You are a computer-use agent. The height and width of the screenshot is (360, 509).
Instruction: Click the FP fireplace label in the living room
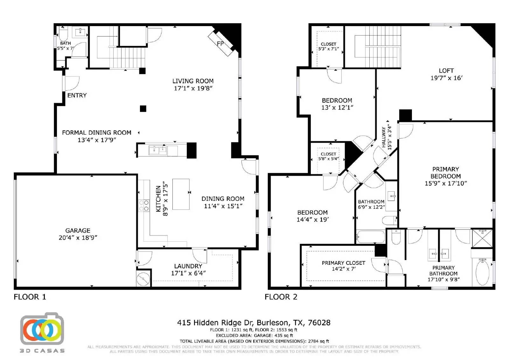[x=220, y=44]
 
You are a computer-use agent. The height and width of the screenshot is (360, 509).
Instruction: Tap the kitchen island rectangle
[x=181, y=194]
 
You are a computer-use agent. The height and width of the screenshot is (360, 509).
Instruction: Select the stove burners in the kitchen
[x=144, y=205]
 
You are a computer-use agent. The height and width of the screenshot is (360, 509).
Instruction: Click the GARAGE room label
[x=78, y=230]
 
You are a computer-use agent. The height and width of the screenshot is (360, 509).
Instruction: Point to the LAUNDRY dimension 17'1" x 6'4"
[x=188, y=273]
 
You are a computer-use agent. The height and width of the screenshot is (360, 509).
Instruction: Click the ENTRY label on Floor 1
[x=77, y=95]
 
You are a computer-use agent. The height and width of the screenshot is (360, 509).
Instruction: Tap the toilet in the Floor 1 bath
[x=63, y=33]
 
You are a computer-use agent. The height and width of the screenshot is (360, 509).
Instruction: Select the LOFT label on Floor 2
[x=446, y=71]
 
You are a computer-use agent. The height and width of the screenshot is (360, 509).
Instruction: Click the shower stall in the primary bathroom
[x=482, y=238]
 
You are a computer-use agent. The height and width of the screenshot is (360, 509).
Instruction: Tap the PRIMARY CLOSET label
[x=343, y=263]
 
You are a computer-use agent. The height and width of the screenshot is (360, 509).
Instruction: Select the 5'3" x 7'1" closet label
[x=328, y=49]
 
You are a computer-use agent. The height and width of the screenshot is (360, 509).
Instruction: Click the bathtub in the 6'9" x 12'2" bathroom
[x=370, y=237]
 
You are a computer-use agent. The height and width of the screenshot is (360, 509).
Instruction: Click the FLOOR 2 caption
[x=281, y=297]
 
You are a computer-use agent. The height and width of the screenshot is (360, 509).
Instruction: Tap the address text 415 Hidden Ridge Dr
[x=254, y=323]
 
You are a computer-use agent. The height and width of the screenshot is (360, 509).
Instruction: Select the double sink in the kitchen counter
[x=158, y=150]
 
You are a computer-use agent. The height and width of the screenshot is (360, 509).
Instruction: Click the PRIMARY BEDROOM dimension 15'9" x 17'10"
[x=445, y=183]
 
